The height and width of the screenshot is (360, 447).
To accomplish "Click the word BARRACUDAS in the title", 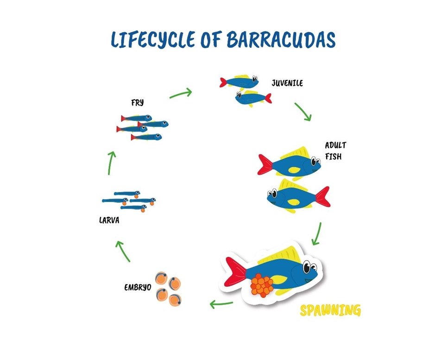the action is point(281,40).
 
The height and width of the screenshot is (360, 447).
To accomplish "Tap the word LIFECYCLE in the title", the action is point(153,40).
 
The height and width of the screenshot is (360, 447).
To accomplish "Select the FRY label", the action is point(138,102).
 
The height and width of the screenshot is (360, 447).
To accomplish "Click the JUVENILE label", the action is point(287,83).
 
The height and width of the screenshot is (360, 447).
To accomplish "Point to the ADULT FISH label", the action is point(335,151).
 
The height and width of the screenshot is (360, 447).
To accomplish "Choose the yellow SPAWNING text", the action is point(330,310).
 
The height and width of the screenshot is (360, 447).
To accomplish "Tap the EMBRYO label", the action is point(138,287).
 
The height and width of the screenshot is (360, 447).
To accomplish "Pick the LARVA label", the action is point(109,221).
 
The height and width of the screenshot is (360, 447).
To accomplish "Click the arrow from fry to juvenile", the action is point(181,93).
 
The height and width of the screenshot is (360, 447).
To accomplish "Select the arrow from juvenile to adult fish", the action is point(303,112).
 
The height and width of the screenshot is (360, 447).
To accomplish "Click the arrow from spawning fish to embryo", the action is point(221,304).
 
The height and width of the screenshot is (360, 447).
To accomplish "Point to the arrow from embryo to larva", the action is point(123,251).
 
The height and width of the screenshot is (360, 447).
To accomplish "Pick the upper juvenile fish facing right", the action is point(239,82).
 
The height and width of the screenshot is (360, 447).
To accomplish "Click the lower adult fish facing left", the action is point(298,196).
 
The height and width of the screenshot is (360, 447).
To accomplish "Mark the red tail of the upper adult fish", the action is point(265,164).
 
